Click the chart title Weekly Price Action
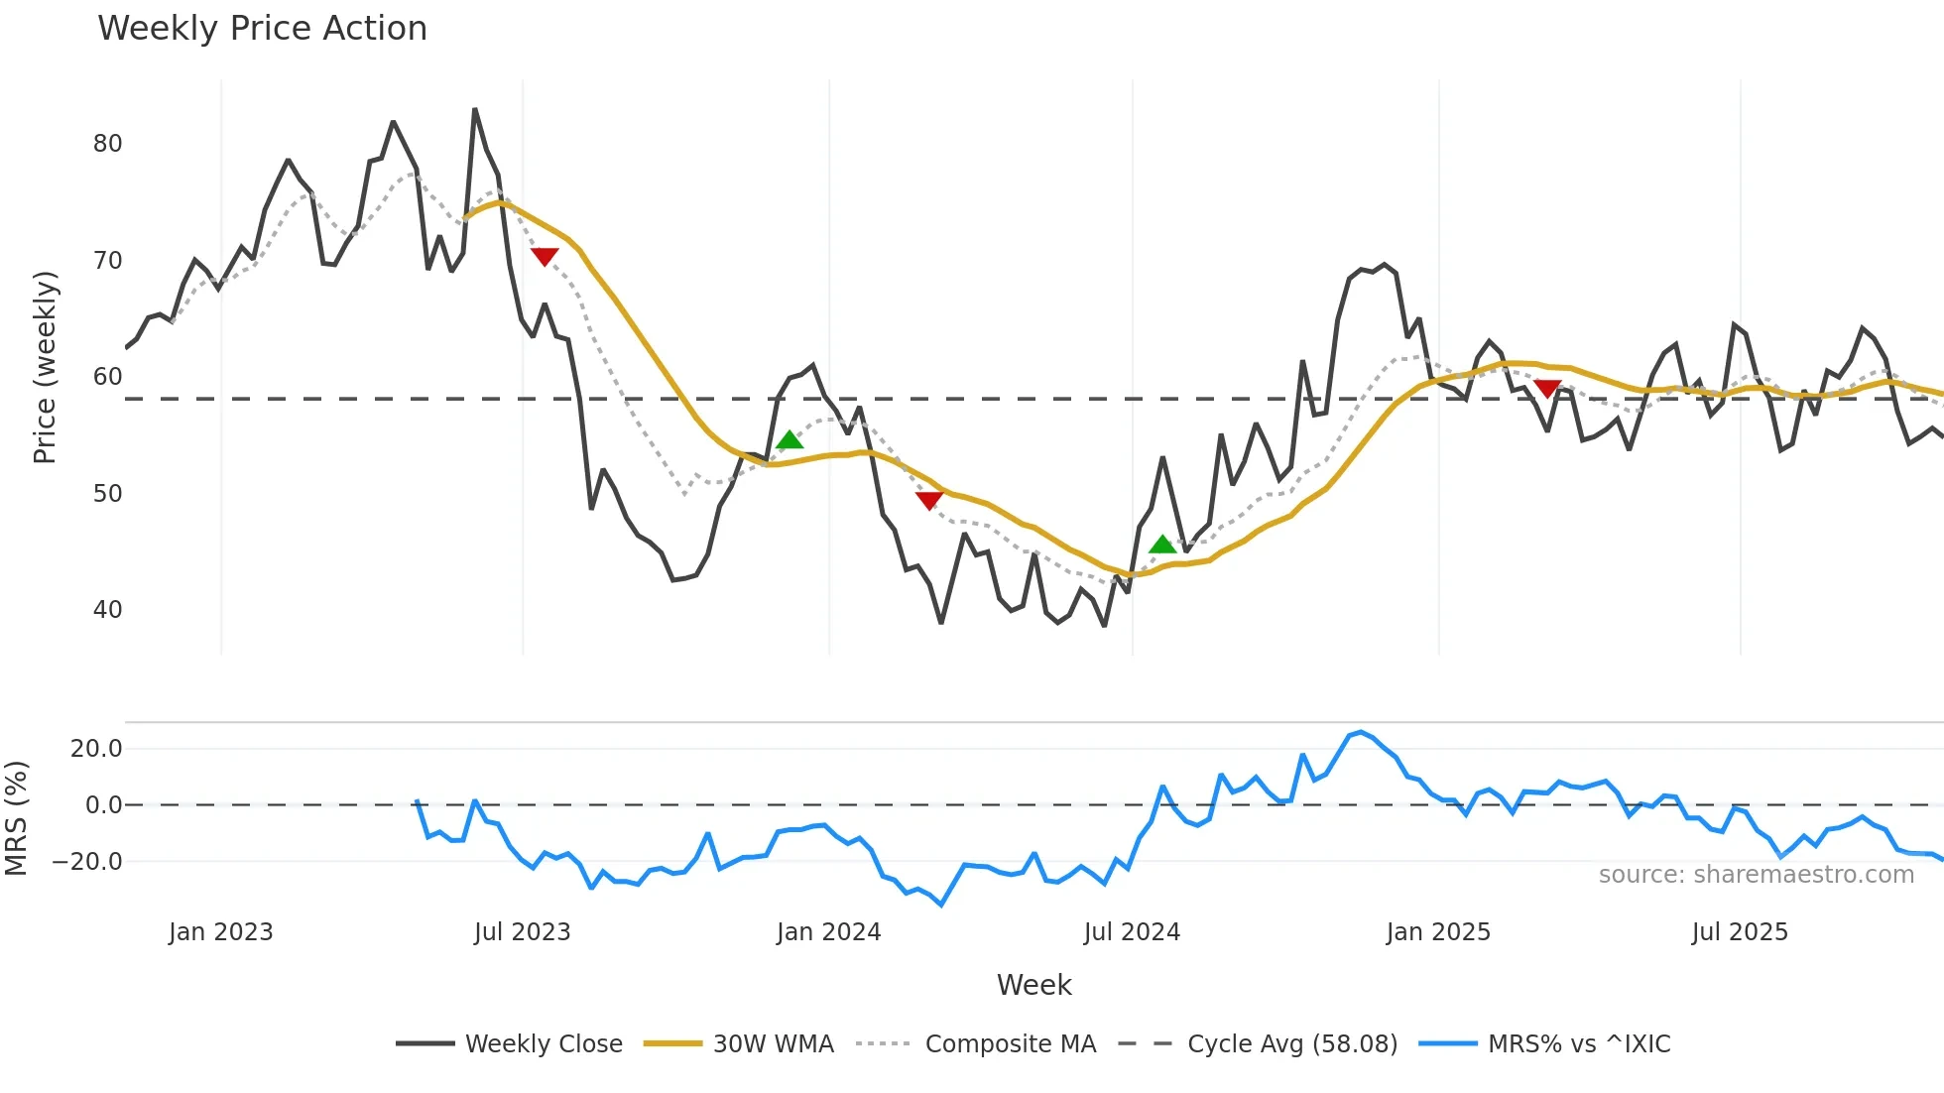pyautogui.click(x=262, y=29)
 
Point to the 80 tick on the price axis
pyautogui.click(x=107, y=144)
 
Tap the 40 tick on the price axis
pyautogui.click(x=107, y=610)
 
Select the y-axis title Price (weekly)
pyautogui.click(x=45, y=367)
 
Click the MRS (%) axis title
pyautogui.click(x=16, y=818)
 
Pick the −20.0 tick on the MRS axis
pyautogui.click(x=87, y=862)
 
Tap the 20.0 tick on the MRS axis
pyautogui.click(x=96, y=749)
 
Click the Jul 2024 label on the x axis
pyautogui.click(x=1132, y=932)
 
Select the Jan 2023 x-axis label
pyautogui.click(x=220, y=932)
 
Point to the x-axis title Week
pyautogui.click(x=1033, y=985)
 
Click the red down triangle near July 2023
pyautogui.click(x=545, y=257)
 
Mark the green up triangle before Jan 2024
pyautogui.click(x=790, y=440)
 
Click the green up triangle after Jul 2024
pyautogui.click(x=1162, y=545)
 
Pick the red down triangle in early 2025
pyautogui.click(x=1547, y=388)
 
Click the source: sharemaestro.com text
pyautogui.click(x=1756, y=875)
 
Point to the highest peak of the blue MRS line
pyautogui.click(x=1361, y=732)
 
